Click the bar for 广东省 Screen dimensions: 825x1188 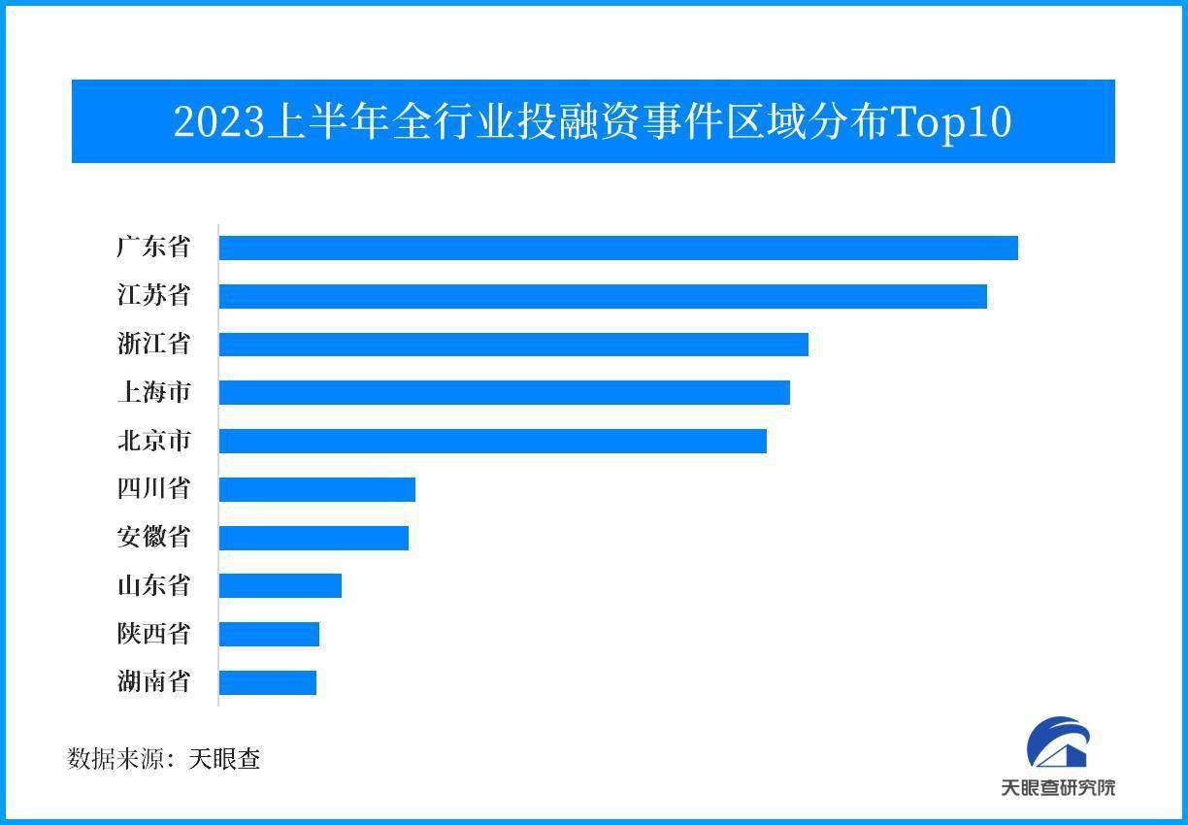coord(618,247)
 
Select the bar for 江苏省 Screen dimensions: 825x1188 coord(603,296)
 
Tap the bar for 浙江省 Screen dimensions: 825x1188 coord(513,345)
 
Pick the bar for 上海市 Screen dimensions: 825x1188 coord(505,392)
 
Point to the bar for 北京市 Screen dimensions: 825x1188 coord(493,441)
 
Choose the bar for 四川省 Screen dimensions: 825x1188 coord(317,489)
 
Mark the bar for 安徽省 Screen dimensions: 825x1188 coord(313,538)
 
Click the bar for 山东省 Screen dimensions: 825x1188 coord(280,585)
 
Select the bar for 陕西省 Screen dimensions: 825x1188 coord(269,634)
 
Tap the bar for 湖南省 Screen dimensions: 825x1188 coord(268,682)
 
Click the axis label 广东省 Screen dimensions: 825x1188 coord(153,247)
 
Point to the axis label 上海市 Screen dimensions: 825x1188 coord(153,392)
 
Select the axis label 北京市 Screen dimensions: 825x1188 coord(153,441)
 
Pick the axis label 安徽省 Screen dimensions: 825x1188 coord(153,538)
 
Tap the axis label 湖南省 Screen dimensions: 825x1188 coord(153,682)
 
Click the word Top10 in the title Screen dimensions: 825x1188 coord(951,122)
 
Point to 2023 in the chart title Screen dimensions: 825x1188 coord(218,122)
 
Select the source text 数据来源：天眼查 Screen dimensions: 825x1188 coord(164,758)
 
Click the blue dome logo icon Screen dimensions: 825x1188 coord(1059,744)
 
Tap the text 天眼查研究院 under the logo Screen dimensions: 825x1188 coord(1058,787)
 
